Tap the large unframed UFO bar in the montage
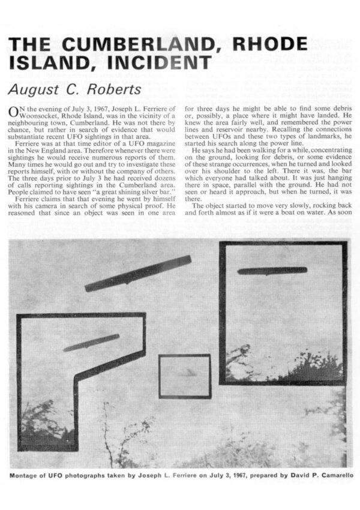(x=138, y=274)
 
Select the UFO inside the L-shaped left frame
(x=91, y=343)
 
